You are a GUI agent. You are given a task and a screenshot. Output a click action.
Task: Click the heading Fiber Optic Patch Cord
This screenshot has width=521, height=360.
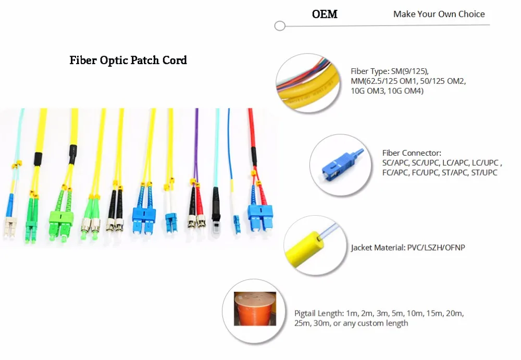click(x=128, y=60)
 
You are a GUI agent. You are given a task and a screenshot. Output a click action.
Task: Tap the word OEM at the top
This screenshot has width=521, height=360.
click(x=325, y=14)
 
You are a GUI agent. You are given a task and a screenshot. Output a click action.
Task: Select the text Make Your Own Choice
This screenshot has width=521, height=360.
click(x=439, y=14)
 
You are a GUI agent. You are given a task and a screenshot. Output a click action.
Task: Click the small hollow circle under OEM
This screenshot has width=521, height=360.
click(x=280, y=26)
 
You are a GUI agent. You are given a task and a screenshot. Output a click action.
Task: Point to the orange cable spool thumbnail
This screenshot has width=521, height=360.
click(x=255, y=309)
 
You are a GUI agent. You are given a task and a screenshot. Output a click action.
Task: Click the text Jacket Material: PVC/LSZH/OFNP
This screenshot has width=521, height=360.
click(x=407, y=247)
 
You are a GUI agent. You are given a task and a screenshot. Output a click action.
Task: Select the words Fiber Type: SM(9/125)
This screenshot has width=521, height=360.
click(x=390, y=71)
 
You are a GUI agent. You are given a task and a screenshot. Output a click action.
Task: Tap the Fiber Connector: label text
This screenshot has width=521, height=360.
click(x=412, y=153)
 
